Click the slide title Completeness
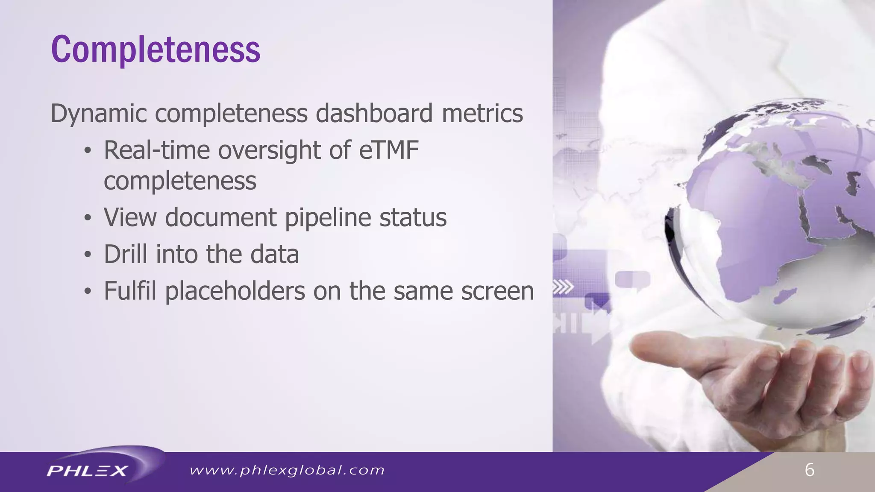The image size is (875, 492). pos(156,50)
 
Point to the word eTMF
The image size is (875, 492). pos(389,150)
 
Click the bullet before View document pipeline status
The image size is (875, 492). pos(88,218)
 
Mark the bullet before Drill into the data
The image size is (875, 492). pos(88,255)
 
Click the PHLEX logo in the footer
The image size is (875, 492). pos(88,471)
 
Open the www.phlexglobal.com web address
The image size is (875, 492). pos(287,471)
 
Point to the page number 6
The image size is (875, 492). pos(809,470)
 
